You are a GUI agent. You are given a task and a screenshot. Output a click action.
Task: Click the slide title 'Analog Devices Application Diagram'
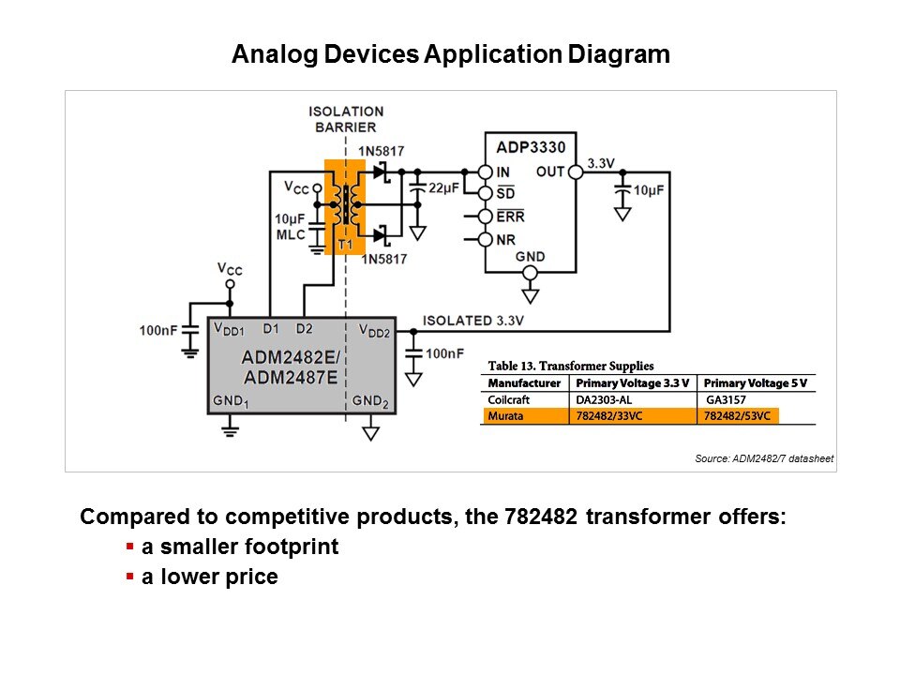pos(450,54)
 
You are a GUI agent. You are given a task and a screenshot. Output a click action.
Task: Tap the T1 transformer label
pos(344,244)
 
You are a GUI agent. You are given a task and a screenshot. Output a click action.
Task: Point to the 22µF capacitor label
pos(442,188)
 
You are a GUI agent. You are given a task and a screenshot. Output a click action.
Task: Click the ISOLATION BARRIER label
pos(346,119)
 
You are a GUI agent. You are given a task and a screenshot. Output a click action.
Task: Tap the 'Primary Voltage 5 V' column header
pos(755,383)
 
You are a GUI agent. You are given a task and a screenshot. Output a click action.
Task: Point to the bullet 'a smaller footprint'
pos(239,547)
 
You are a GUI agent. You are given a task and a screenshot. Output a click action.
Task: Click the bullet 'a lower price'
pos(209,577)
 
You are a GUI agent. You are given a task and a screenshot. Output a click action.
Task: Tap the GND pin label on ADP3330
pos(530,257)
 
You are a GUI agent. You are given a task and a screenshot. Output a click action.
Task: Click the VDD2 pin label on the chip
pos(375,330)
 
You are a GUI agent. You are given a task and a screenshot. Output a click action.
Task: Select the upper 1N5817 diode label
pos(382,152)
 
